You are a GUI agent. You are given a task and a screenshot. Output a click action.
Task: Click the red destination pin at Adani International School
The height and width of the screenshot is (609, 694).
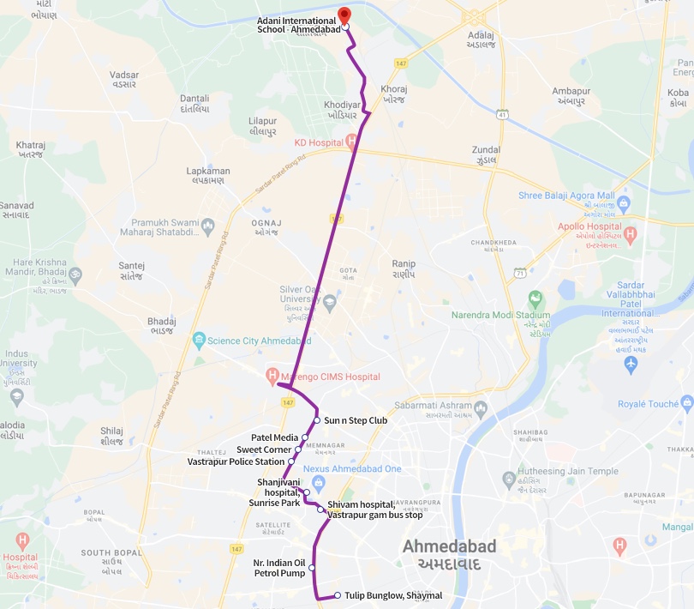(344, 15)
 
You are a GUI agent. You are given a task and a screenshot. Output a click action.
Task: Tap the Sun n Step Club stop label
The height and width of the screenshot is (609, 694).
(356, 420)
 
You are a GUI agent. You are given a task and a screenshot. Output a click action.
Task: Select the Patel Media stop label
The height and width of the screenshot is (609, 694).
(274, 437)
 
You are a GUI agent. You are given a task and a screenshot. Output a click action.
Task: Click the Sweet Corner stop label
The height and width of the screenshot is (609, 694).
(264, 449)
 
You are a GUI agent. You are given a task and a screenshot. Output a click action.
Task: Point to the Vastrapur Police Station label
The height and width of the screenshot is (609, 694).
(236, 461)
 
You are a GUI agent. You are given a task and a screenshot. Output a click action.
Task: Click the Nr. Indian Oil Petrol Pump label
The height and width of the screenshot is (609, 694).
(279, 568)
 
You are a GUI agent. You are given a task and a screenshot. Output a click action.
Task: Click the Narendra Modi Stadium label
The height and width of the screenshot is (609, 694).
(501, 315)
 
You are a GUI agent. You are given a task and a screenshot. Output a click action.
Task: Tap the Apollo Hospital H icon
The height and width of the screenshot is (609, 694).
(631, 232)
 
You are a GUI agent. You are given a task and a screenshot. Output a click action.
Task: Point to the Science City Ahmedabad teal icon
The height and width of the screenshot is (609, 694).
(200, 340)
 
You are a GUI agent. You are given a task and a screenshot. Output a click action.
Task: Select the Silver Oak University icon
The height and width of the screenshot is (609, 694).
(330, 301)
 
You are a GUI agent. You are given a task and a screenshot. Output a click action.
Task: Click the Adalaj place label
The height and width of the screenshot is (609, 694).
(482, 39)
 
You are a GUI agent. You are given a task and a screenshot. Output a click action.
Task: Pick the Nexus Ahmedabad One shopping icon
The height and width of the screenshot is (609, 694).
(318, 482)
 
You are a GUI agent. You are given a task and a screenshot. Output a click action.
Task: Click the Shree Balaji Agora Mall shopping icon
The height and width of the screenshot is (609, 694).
(623, 204)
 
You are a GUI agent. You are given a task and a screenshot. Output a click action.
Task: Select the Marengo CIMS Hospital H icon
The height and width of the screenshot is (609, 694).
(272, 376)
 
